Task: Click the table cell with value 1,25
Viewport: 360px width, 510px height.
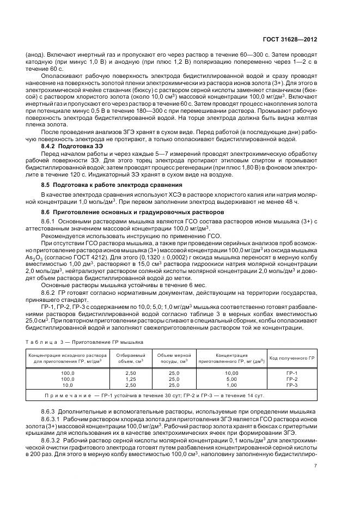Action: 131,378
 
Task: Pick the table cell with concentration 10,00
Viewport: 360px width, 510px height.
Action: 216,373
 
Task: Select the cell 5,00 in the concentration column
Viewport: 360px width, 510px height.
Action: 216,378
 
